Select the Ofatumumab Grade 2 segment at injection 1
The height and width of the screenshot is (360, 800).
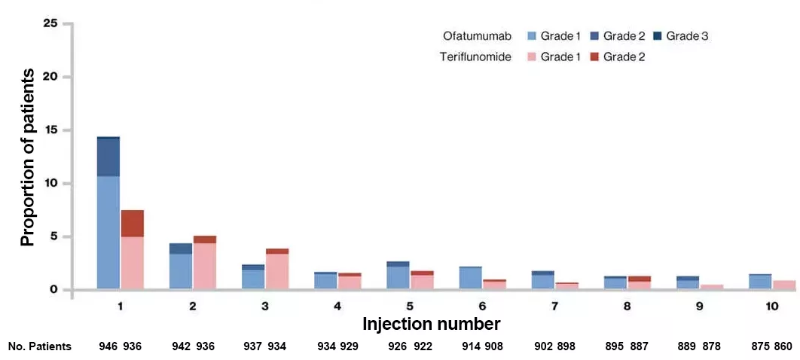click(x=108, y=157)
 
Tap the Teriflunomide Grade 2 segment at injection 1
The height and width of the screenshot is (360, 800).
click(x=132, y=224)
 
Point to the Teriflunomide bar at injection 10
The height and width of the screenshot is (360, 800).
click(x=784, y=285)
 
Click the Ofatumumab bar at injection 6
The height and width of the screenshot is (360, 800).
click(x=470, y=278)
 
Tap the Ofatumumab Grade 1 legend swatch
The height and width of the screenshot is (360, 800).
click(x=533, y=35)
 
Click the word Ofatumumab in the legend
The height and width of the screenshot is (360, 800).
click(x=477, y=35)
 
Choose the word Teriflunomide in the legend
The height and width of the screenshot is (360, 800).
click(x=475, y=56)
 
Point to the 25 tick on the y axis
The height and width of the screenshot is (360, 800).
click(x=50, y=24)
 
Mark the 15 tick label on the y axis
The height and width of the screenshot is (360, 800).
click(x=50, y=130)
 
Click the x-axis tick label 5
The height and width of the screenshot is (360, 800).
click(x=409, y=307)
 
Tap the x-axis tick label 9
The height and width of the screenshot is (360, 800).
click(x=698, y=307)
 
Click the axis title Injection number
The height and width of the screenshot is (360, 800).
click(x=432, y=325)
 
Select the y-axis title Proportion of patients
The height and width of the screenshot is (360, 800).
click(x=28, y=157)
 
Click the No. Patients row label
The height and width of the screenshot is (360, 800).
click(x=40, y=346)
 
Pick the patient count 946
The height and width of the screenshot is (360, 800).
click(x=108, y=346)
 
